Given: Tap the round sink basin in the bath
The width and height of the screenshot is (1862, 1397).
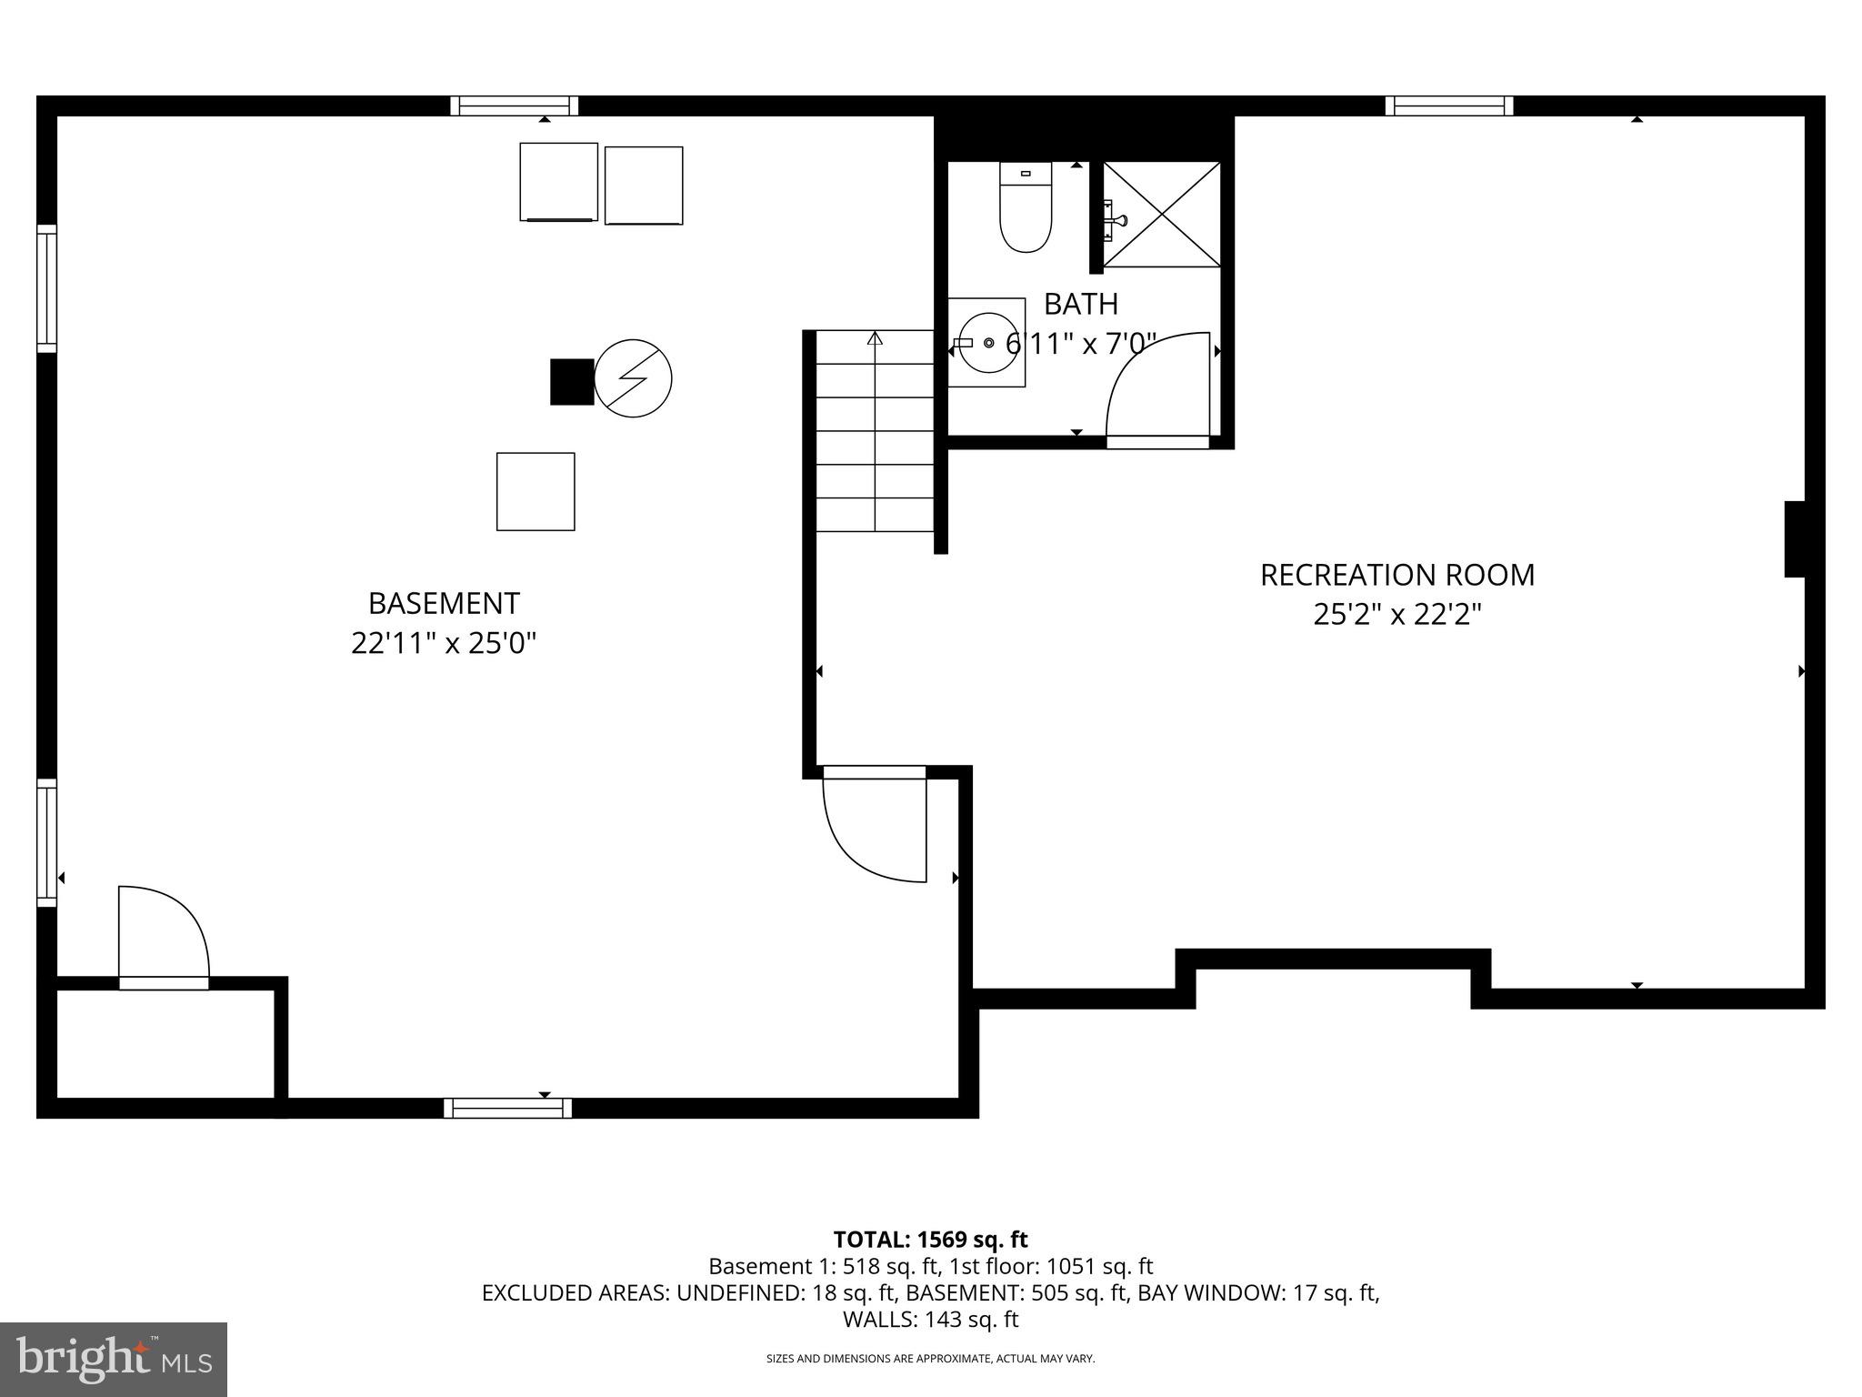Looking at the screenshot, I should [x=988, y=342].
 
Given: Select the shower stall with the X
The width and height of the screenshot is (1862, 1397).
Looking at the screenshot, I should [x=1161, y=215].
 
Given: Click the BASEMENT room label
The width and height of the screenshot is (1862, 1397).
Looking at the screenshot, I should [x=444, y=604].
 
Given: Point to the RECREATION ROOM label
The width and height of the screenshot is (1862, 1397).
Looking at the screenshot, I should [x=1396, y=575].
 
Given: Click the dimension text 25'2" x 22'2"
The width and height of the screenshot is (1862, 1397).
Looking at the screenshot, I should [x=1396, y=616].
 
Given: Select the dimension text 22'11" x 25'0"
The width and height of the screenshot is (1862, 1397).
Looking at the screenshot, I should [x=444, y=644].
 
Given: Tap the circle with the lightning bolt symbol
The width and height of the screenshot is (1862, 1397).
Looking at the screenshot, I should [x=633, y=378].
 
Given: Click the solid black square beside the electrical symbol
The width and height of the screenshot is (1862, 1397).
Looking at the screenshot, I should [x=572, y=382].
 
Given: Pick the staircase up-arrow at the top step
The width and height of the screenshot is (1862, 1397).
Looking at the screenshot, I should [x=875, y=339].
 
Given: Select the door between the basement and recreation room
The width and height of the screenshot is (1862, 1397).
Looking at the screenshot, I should [x=873, y=823].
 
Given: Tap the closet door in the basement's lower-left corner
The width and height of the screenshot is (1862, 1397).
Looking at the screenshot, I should [x=164, y=937].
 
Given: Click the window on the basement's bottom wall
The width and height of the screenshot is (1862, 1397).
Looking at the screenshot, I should [x=507, y=1108].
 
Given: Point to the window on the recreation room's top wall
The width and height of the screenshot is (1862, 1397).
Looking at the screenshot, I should [x=1449, y=106].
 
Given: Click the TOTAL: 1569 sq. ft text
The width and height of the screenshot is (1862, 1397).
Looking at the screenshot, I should [x=930, y=1240].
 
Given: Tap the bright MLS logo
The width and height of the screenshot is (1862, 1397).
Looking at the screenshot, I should [x=114, y=1359].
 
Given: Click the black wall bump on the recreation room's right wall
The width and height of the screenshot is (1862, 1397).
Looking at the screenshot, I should [x=1794, y=538].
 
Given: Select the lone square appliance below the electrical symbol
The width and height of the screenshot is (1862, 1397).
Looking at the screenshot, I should [x=536, y=491].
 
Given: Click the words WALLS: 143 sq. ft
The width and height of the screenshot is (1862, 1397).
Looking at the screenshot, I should [x=930, y=1320].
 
